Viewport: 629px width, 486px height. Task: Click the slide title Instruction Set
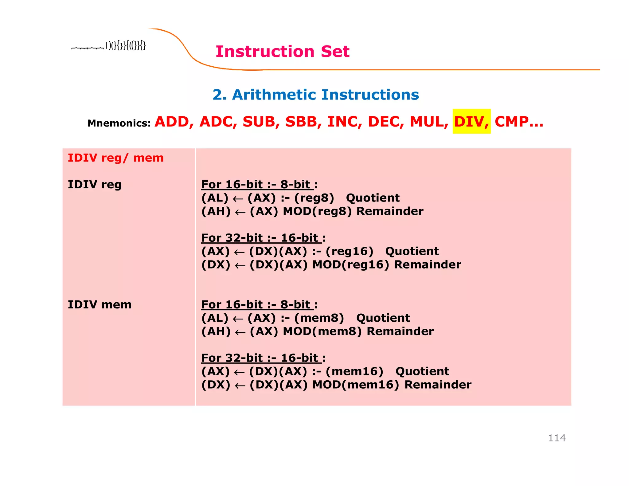(x=282, y=51)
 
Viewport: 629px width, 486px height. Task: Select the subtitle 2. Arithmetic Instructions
(x=315, y=95)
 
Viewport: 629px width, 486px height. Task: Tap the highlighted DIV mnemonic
(x=471, y=122)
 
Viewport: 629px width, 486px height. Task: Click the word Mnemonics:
(x=119, y=123)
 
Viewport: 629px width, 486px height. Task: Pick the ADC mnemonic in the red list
(x=218, y=122)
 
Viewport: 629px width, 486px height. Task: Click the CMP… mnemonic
(x=519, y=122)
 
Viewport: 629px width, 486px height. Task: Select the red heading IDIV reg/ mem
(x=115, y=158)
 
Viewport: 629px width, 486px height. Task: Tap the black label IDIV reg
(x=95, y=185)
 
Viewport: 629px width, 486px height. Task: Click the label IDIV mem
(x=100, y=305)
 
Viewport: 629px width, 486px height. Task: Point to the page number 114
(x=557, y=438)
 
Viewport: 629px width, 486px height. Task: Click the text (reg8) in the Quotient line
(x=314, y=198)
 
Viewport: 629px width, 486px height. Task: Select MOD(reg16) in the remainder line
(x=350, y=265)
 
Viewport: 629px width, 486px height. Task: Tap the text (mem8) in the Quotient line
(x=319, y=318)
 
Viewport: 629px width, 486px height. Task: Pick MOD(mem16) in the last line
(x=355, y=385)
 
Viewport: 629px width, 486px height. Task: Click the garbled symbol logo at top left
(x=109, y=46)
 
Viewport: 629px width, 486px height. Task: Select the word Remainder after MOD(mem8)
(x=400, y=331)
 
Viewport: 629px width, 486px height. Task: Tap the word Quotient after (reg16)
(x=412, y=251)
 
